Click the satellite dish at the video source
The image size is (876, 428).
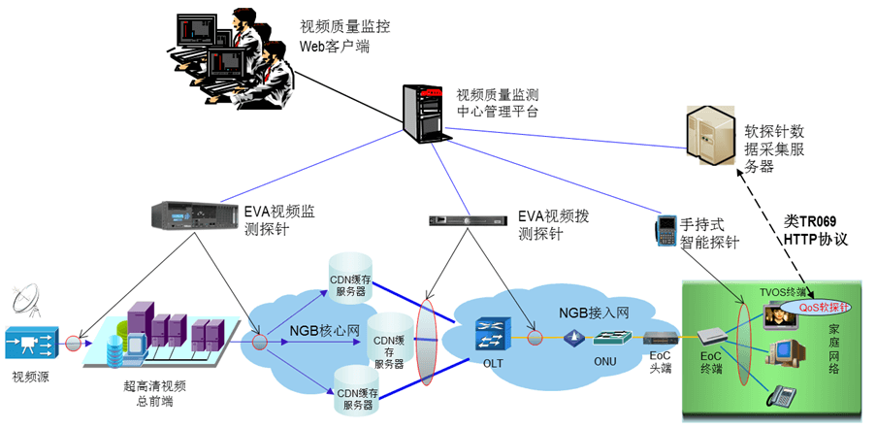(29, 297)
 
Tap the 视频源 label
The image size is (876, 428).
(30, 378)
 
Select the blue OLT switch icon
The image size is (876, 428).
(488, 335)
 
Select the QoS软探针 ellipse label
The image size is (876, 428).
(825, 307)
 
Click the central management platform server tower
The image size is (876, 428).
(425, 112)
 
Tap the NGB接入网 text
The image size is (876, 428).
(594, 313)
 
